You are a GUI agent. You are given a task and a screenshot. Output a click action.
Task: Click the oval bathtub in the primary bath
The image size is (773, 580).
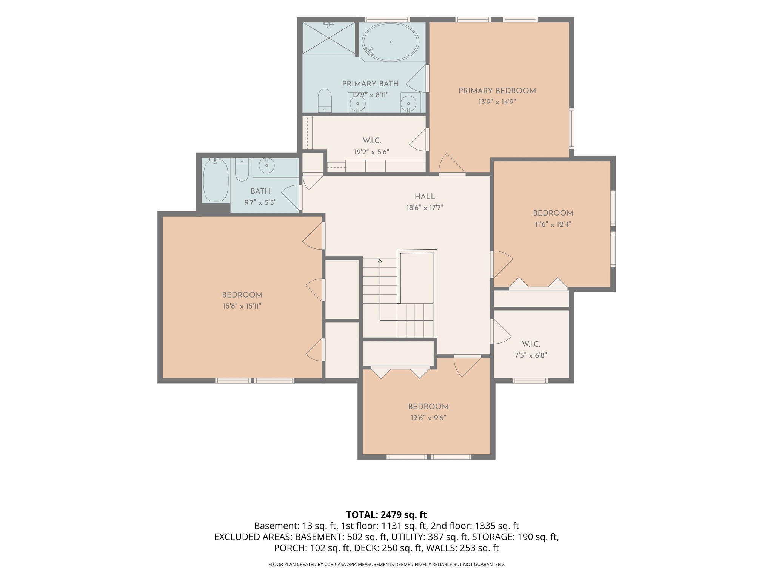(x=390, y=42)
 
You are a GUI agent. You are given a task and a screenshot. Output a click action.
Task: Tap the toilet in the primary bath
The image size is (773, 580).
(x=325, y=100)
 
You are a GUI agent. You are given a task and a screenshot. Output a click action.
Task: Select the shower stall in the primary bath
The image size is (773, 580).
(x=329, y=38)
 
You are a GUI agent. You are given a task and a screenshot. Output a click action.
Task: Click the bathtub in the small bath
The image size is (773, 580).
(x=216, y=180)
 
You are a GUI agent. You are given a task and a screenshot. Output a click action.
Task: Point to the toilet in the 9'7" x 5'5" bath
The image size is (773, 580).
(x=242, y=170)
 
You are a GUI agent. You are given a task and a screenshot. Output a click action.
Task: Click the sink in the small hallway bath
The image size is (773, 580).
(x=267, y=165)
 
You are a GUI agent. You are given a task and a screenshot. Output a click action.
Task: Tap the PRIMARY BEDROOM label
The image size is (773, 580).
(x=497, y=91)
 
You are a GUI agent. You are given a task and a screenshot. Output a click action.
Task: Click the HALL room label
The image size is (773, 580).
(x=425, y=196)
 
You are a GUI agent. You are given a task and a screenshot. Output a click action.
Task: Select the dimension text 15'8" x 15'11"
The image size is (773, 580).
(x=242, y=306)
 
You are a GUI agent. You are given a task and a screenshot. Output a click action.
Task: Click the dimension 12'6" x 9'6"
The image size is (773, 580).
(x=428, y=418)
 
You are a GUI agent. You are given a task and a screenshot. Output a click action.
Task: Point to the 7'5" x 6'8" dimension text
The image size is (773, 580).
(x=531, y=355)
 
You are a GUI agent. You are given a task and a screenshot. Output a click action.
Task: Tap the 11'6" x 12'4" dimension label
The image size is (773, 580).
(x=553, y=224)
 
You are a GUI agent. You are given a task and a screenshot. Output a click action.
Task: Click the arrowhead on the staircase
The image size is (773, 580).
(x=380, y=261)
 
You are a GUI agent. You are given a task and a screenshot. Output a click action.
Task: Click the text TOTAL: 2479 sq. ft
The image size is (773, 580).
(x=386, y=515)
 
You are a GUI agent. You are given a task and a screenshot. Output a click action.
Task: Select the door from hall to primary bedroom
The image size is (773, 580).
(x=452, y=165)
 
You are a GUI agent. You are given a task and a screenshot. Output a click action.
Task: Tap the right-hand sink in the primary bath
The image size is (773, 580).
(x=408, y=102)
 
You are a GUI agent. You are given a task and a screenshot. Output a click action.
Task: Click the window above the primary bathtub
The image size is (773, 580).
(x=387, y=19)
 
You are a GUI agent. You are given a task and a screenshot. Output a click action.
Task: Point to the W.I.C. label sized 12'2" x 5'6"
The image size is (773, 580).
(x=372, y=140)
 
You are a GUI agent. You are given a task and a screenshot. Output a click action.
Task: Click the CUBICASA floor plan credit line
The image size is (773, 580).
(x=386, y=565)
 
